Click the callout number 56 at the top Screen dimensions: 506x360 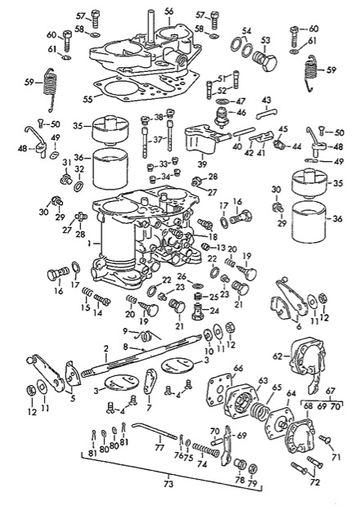pyautogui.click(x=169, y=11)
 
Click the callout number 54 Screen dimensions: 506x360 pyautogui.click(x=245, y=30)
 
